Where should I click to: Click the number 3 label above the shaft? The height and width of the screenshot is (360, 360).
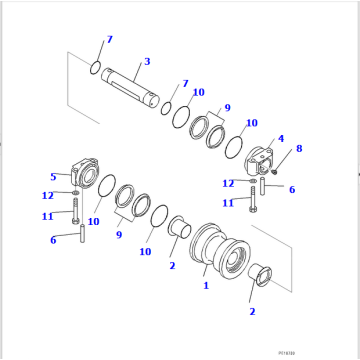147,62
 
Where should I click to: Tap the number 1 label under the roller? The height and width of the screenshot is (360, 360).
206,285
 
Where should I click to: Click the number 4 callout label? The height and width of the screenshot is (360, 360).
280,138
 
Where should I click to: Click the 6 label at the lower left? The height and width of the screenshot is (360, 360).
53,239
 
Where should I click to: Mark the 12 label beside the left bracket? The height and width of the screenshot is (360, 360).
47,194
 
